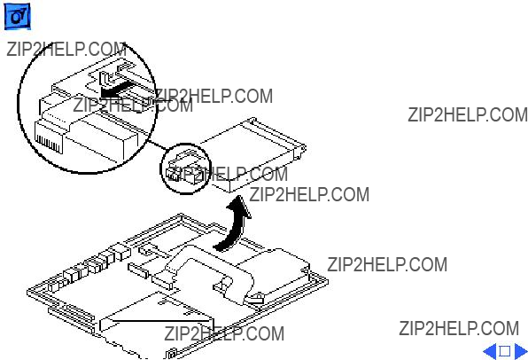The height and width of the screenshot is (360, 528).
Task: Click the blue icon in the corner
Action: tap(17, 16)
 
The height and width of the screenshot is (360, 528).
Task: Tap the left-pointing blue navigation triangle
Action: tap(490, 351)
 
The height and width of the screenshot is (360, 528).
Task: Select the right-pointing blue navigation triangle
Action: tap(521, 351)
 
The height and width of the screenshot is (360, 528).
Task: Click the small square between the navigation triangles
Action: tap(505, 351)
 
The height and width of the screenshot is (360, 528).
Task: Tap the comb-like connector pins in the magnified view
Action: tap(48, 142)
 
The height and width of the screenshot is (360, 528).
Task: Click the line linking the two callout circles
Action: tap(158, 145)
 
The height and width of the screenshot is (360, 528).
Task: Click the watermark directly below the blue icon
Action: tap(66, 50)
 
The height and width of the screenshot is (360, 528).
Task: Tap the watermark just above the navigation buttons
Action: tap(459, 328)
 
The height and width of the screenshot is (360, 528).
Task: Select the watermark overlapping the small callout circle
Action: tap(228, 175)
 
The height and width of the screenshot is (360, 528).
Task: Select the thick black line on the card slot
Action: tap(159, 321)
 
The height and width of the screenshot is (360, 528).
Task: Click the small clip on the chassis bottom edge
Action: tap(172, 353)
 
